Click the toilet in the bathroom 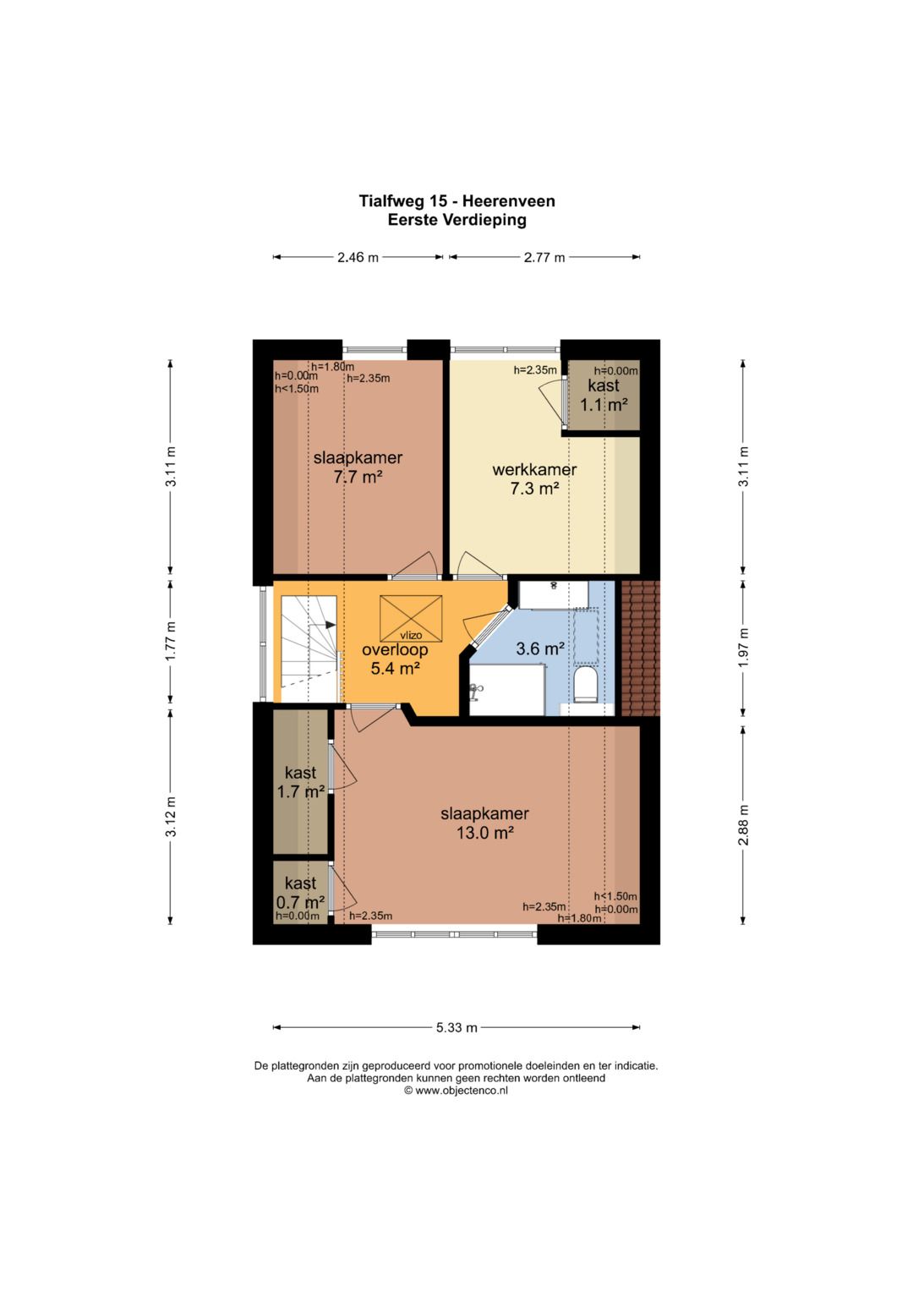point(584,684)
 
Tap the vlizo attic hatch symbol point(410,618)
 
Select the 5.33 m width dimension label point(456,1044)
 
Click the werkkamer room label point(534,470)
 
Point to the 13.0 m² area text point(484,832)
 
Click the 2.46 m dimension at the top point(358,257)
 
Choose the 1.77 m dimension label point(171,642)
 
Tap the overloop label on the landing point(395,650)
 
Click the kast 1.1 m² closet point(604,396)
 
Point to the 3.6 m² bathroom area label point(539,649)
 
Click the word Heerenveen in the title point(509,201)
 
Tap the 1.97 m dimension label point(744,648)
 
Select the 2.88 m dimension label point(744,825)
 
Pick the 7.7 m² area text point(358,477)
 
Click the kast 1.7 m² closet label point(300,782)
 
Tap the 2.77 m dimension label point(544,257)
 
